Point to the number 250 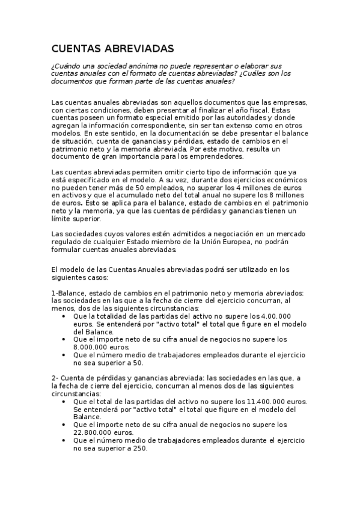(137, 448)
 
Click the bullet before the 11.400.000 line (64, 401)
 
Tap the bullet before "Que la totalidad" (64, 316)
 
